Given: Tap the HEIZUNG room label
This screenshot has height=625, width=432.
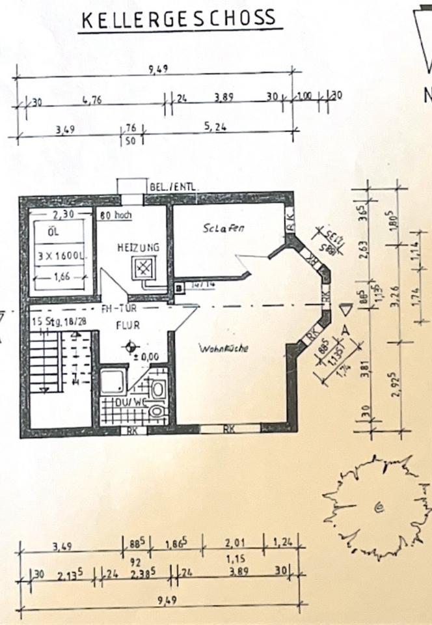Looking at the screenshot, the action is coord(139,247).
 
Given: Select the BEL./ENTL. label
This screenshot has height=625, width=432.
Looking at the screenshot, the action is coord(174,187).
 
